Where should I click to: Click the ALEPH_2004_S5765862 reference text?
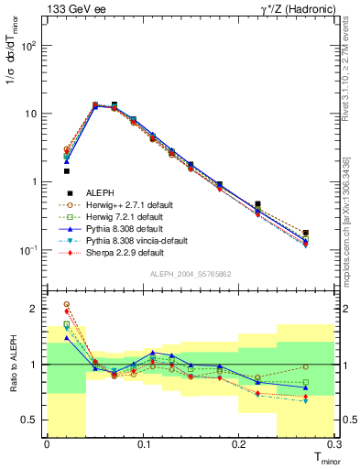click(191, 274)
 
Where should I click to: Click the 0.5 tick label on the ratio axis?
click(30, 420)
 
